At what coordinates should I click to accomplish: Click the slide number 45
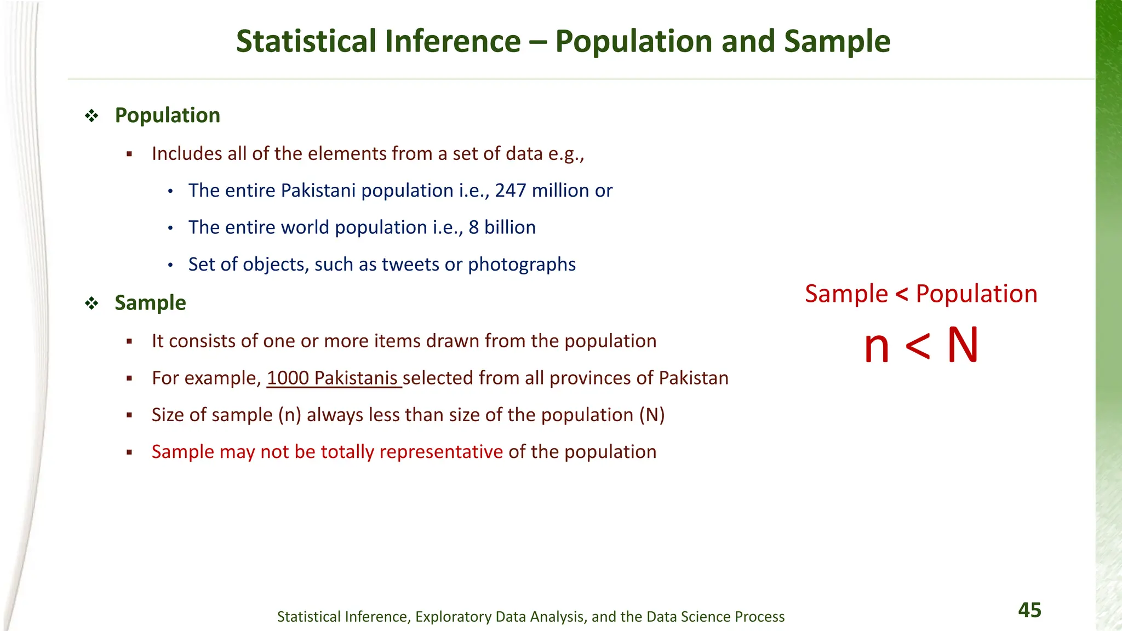1029,610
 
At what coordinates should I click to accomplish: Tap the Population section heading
167,116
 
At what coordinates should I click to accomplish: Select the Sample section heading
150,303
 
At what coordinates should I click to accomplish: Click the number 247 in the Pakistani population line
511,191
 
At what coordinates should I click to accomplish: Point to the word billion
510,227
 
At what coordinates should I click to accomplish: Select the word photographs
522,265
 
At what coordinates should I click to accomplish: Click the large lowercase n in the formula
877,347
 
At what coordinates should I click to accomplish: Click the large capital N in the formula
963,346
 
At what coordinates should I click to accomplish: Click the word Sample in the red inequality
846,294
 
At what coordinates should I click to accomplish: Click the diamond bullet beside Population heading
91,116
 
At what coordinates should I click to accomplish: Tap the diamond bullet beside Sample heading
91,303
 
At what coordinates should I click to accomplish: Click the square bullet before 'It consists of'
129,341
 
